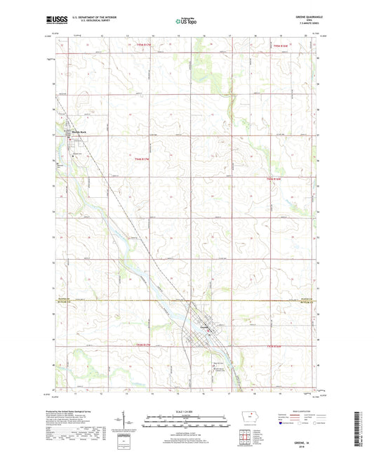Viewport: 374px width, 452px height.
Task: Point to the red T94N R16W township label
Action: [279, 179]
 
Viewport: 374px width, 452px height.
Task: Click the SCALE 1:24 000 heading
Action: [186, 411]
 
